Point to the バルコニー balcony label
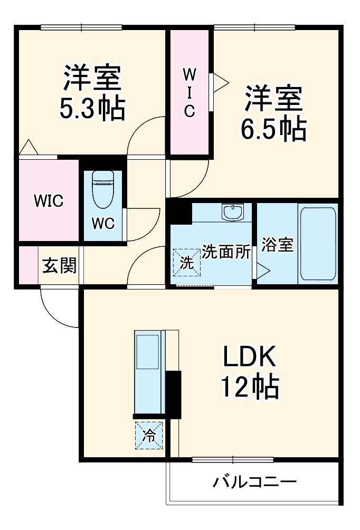coord(254,481)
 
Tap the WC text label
coord(102,224)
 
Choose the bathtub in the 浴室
coord(317,243)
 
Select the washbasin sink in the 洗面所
coord(232,213)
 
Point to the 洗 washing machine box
coord(187,262)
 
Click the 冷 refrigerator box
coord(149,436)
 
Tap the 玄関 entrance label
coord(59,265)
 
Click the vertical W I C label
coord(190,93)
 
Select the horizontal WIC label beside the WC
coord(49,200)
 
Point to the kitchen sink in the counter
coord(148,351)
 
